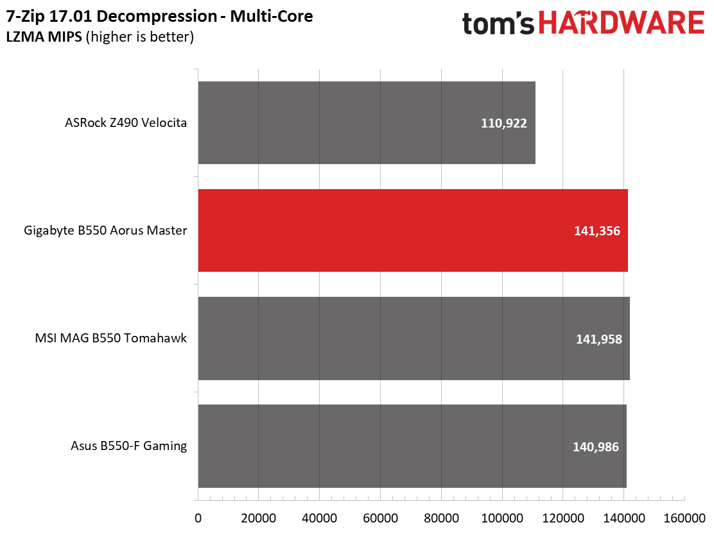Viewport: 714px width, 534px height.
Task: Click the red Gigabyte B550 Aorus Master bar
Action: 413,230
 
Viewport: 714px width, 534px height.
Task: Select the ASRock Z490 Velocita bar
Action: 367,122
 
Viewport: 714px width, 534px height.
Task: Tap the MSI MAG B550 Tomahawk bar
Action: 414,338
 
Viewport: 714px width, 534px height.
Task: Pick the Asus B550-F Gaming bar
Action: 413,446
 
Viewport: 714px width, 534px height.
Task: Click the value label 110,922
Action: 503,123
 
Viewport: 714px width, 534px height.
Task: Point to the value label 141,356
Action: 597,231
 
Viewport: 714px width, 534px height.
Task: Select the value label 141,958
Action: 599,339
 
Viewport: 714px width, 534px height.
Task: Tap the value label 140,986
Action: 596,447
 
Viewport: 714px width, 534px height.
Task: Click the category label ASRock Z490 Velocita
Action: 126,122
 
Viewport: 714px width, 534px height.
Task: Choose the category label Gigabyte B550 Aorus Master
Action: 105,230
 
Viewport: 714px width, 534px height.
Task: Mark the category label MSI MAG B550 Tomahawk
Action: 110,338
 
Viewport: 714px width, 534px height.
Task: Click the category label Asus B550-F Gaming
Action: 129,446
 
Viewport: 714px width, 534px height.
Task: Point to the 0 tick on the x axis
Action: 198,518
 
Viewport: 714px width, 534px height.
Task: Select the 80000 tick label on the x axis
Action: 441,518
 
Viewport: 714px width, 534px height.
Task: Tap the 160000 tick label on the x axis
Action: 684,518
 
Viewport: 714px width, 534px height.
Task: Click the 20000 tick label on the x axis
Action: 259,518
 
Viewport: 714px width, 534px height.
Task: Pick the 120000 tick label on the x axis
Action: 563,518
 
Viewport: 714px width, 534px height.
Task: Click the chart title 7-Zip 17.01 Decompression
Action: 112,17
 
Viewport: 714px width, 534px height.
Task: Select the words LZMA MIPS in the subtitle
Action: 44,37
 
